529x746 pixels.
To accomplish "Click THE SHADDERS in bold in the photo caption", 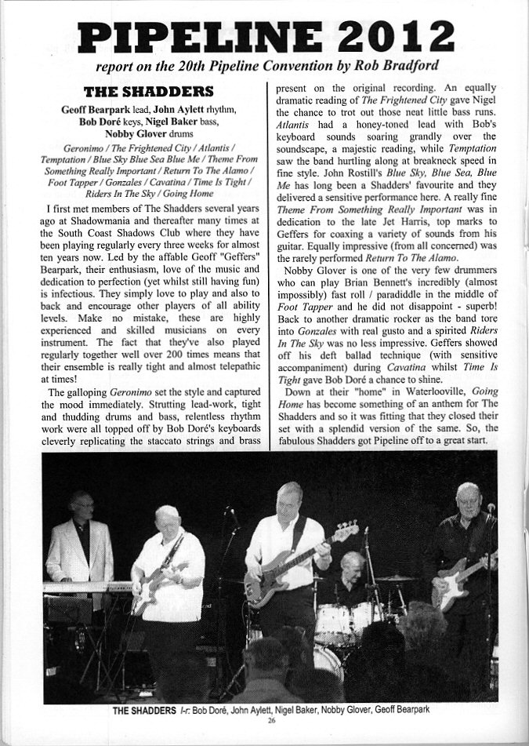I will (x=143, y=710).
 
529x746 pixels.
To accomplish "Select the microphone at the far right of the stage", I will (x=491, y=508).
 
